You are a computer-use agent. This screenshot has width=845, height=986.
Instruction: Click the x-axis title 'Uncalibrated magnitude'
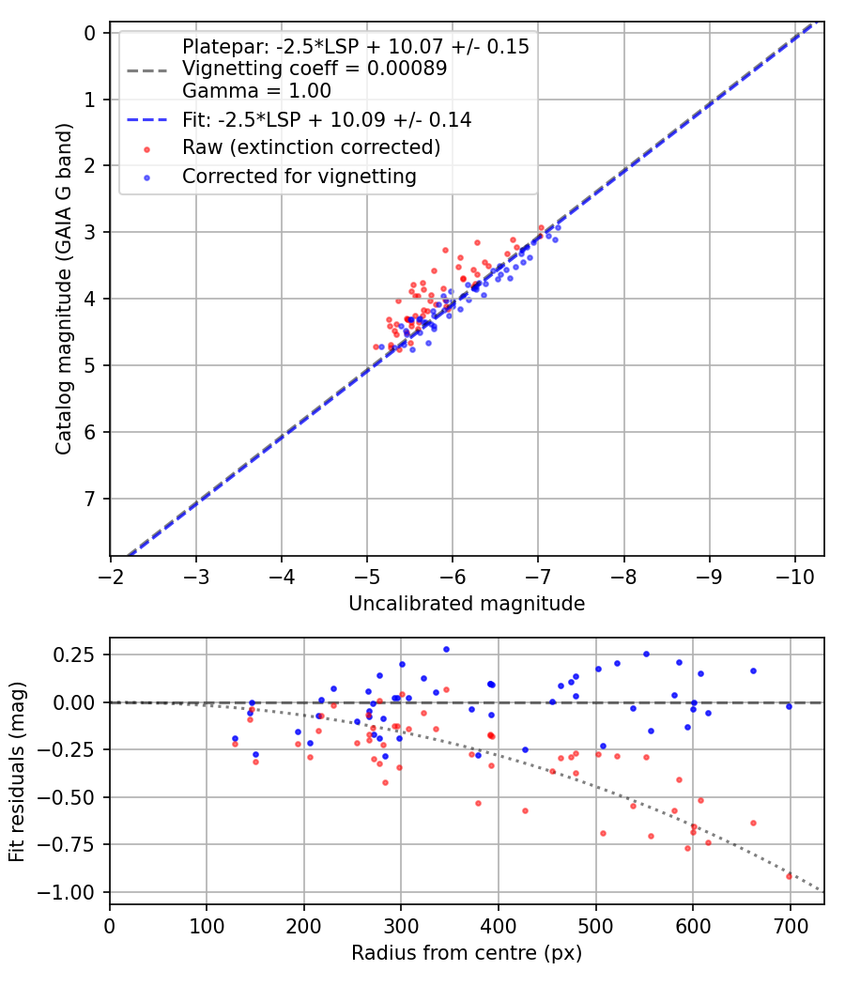click(x=467, y=604)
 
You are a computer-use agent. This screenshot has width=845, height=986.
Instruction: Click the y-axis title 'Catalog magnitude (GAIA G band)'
click(x=64, y=294)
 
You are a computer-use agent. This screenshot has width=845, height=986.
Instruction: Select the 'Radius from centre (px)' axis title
click(x=467, y=953)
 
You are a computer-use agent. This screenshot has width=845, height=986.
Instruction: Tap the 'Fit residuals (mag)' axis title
click(x=18, y=771)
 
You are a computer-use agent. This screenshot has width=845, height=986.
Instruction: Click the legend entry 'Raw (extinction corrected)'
click(x=311, y=147)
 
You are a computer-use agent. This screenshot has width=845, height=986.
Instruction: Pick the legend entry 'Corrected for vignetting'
click(x=299, y=176)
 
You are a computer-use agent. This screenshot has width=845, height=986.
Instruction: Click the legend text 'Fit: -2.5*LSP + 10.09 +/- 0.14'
click(x=327, y=119)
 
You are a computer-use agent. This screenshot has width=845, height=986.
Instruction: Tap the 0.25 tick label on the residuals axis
click(x=76, y=655)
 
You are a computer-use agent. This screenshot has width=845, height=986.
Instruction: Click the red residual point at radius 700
click(x=789, y=876)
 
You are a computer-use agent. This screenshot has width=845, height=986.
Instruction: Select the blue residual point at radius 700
click(x=789, y=706)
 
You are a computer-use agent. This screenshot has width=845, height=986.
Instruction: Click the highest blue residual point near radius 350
click(x=446, y=649)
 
